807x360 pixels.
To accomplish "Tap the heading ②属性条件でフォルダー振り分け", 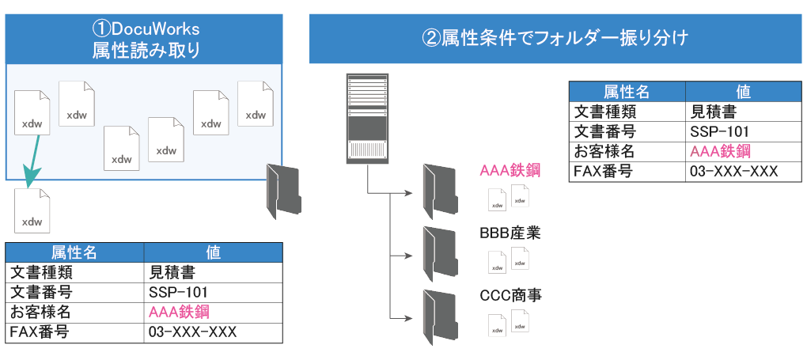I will [x=556, y=37].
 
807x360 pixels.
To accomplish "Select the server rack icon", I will [x=368, y=118].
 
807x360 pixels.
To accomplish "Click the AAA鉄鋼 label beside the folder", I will [x=510, y=170].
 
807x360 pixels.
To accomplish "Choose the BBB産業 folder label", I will [x=510, y=234].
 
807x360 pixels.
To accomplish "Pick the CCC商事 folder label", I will [x=510, y=296].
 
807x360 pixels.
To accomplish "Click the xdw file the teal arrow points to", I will [x=32, y=210].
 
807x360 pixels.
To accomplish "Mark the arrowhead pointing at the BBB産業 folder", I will [x=409, y=256].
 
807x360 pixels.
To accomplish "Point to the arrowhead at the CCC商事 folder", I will [x=409, y=319].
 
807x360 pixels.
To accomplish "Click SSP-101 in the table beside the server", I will [x=719, y=131].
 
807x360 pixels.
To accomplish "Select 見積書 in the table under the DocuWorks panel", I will [x=172, y=273].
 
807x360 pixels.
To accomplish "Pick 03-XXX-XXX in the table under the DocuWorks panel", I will [x=192, y=332].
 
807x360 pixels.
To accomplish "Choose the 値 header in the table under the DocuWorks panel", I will [x=213, y=252].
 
